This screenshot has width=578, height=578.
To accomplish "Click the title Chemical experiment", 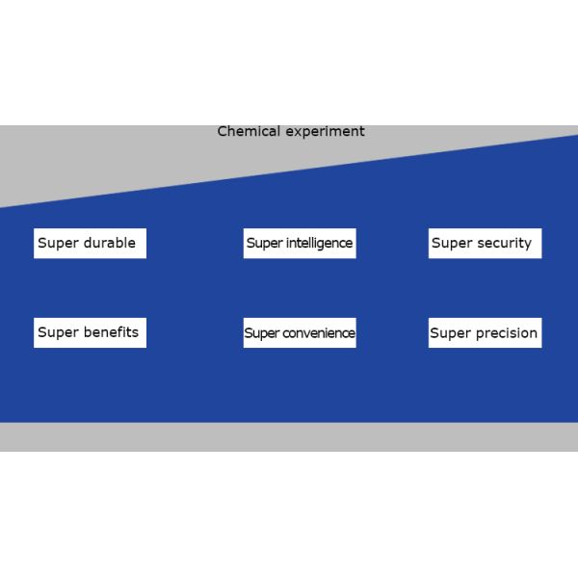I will [x=291, y=131].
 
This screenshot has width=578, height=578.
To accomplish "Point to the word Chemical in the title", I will [x=250, y=131].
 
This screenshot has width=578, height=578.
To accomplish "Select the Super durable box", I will [x=90, y=243].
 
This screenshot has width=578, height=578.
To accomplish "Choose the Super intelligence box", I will [x=300, y=243].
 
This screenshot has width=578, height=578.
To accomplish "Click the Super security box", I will [x=485, y=243].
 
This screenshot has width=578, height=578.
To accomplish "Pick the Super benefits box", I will [x=90, y=332].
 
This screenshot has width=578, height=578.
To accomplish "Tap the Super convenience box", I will [x=300, y=333].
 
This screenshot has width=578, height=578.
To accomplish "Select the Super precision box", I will [x=485, y=333].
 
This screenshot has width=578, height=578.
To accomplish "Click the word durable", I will [x=109, y=243].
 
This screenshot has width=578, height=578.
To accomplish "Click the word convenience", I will [x=319, y=333].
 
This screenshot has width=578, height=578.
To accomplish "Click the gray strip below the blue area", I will [x=289, y=436].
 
